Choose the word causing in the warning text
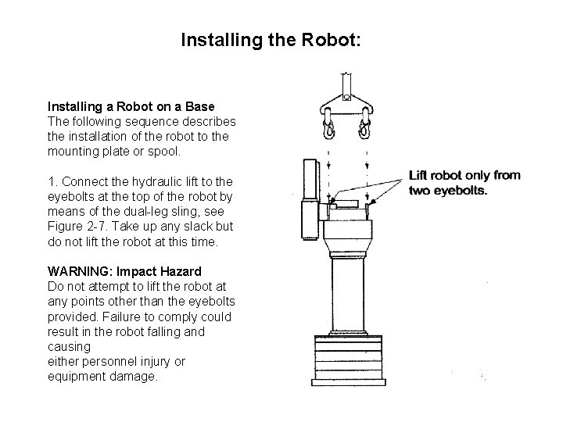coord(69,345)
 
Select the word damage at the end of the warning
coord(134,377)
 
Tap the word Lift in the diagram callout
coord(422,175)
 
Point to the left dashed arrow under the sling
coord(329,168)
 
